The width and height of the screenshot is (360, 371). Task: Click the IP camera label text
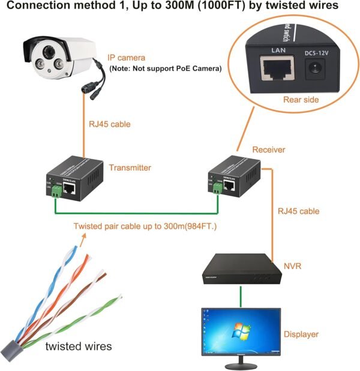pos(126,58)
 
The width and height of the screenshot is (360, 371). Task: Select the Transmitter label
pos(130,168)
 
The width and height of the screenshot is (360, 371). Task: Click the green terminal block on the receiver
pos(215,189)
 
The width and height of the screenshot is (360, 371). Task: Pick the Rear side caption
pos(301,100)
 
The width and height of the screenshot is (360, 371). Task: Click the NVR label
pos(292,264)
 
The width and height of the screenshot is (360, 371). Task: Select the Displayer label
pos(301,334)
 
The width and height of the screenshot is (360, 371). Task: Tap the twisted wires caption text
pos(79,346)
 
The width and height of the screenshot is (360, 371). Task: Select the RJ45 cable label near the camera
pos(110,124)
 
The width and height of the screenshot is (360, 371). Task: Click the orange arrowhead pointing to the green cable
pos(83,238)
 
